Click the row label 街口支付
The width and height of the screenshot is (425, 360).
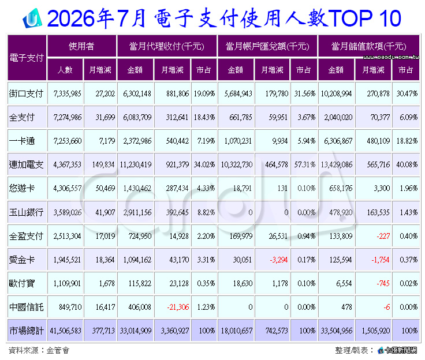26,93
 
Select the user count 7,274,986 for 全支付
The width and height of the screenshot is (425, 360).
68,117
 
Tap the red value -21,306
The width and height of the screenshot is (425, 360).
178,307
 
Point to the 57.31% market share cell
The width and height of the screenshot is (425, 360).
305,164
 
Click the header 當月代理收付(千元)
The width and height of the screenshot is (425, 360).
166,46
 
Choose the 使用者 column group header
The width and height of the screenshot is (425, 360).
81,46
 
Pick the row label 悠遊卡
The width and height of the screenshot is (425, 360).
22,188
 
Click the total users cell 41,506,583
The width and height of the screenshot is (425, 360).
65,331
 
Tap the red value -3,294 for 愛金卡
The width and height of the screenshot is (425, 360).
279,260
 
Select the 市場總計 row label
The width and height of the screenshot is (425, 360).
27,331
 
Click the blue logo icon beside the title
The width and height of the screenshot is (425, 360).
32,18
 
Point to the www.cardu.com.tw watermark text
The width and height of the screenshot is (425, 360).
391,57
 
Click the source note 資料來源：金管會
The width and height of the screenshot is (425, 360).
39,350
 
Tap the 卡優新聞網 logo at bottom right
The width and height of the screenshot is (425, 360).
398,350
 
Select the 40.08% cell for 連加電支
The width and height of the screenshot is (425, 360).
407,164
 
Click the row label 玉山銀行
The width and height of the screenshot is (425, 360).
26,212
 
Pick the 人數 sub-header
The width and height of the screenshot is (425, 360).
65,70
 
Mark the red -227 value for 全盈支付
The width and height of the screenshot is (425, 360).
383,236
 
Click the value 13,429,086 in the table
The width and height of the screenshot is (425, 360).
337,164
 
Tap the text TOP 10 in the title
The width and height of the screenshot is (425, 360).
365,18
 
